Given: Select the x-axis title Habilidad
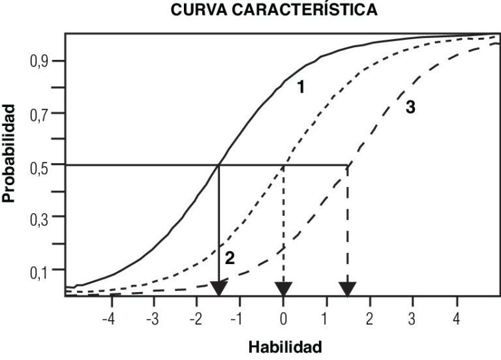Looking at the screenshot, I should coord(284,346).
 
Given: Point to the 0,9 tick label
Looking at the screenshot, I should coord(38,61).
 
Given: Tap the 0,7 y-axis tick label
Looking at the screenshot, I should coord(38,113).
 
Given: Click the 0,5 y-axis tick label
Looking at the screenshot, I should coord(38,165).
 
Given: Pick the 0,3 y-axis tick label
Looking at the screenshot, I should coord(38,217).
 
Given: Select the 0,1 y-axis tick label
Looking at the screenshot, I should coord(38,269).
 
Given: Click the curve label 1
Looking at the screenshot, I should coord(301,87).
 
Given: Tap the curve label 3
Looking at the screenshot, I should coord(410,108).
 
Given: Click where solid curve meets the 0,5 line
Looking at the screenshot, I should coord(219,165).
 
